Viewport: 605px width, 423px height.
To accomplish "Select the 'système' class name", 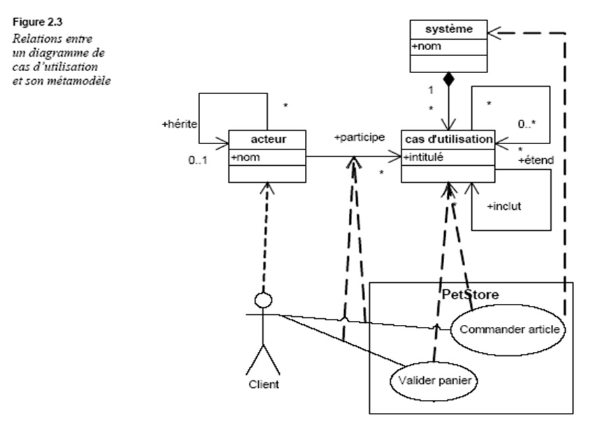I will (x=447, y=29).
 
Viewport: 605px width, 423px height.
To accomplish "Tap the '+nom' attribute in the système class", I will (x=424, y=47).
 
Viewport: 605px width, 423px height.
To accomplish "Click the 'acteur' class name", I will (x=268, y=139).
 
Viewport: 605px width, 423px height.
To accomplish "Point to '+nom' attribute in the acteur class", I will (x=245, y=157).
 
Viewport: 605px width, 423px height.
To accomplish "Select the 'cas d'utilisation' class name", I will (x=447, y=139).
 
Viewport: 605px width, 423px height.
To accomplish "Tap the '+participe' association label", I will (x=359, y=137).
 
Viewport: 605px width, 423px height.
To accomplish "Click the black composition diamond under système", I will (x=447, y=81).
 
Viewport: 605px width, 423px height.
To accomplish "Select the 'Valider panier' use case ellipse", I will (x=433, y=380).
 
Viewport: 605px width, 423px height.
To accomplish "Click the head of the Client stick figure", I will (x=263, y=299).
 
